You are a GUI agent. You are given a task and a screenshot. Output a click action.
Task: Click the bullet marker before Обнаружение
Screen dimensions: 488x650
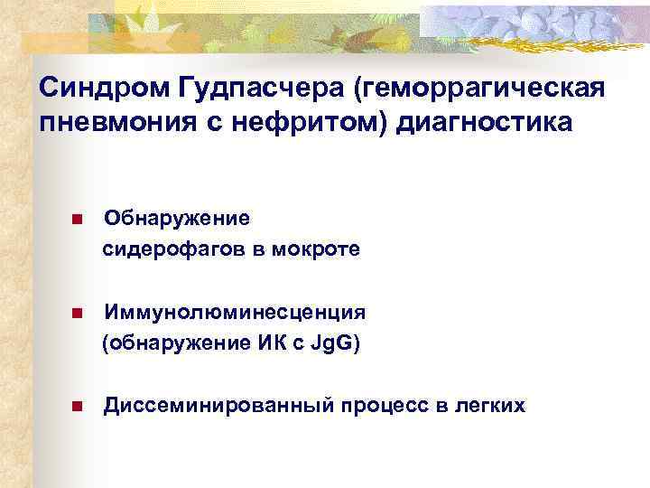[79, 220]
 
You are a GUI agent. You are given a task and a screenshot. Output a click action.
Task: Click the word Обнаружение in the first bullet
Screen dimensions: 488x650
[177, 219]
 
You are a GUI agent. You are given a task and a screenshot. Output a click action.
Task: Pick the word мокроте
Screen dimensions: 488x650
[319, 249]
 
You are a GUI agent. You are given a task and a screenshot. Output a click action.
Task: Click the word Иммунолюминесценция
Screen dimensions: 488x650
[235, 313]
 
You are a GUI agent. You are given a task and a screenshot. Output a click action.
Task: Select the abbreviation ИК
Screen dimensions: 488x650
[263, 343]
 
